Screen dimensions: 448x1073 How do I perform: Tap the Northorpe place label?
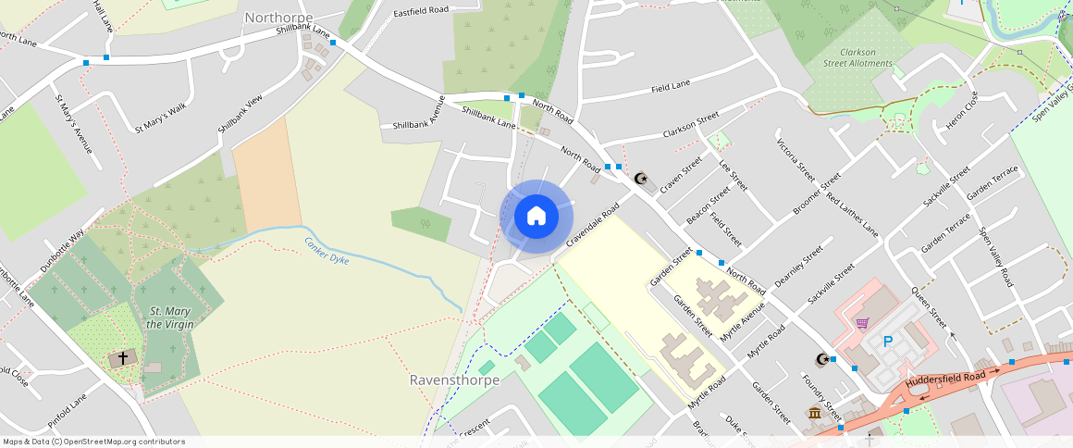click(278, 18)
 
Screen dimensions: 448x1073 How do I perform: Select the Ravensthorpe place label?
click(454, 380)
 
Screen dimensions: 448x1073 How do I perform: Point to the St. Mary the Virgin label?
click(168, 317)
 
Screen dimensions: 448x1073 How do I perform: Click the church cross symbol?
click(122, 357)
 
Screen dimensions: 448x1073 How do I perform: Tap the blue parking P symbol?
click(888, 342)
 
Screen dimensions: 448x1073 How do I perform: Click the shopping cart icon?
click(862, 323)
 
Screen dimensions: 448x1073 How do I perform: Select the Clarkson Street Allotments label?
click(858, 58)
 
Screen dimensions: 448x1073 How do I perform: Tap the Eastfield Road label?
click(421, 11)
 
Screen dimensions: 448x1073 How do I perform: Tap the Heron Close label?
click(959, 111)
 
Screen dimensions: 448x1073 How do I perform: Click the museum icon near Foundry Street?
click(814, 413)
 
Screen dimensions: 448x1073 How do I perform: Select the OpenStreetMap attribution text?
click(93, 442)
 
